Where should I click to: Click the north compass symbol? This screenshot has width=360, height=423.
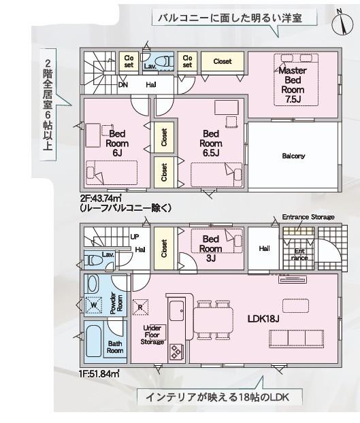coord(340,23)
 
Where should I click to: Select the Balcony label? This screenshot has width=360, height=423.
coord(293,156)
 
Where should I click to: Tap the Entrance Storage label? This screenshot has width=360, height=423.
coord(308,217)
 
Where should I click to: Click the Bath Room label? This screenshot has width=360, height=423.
coord(115,347)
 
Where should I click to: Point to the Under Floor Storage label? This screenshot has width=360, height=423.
coord(152,335)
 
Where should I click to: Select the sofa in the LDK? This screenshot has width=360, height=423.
coord(297,338)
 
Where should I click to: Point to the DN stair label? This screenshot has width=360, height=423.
coord(123,85)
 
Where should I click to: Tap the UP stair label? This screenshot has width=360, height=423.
coord(134,237)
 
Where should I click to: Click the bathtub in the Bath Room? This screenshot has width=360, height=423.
coord(94,346)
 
